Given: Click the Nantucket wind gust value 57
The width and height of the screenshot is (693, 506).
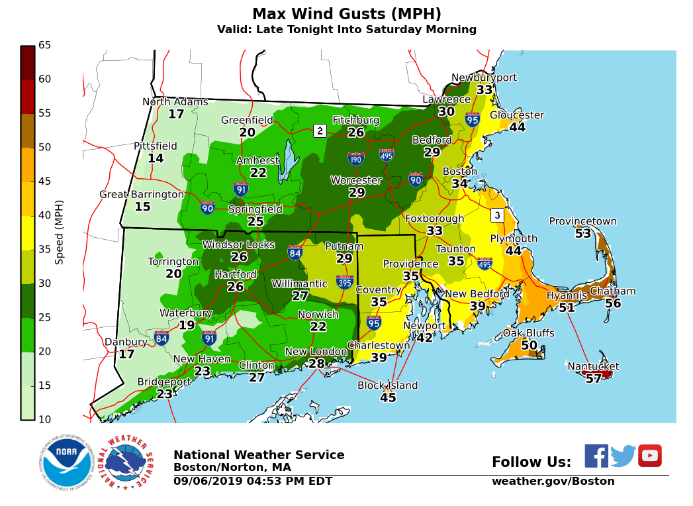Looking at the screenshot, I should point(593,378).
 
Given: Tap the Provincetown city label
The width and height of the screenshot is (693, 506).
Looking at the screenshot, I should point(582,221).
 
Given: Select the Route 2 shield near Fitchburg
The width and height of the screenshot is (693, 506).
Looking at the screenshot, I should point(320,130).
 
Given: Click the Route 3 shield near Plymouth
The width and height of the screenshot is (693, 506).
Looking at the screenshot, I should point(497,215).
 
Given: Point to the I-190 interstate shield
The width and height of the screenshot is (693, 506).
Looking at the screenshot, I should point(355,158).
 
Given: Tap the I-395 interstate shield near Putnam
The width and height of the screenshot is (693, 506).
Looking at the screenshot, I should point(344,281).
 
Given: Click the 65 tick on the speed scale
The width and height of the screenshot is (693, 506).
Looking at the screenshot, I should point(45,45).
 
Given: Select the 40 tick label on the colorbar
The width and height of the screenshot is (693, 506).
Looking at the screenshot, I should point(45,215).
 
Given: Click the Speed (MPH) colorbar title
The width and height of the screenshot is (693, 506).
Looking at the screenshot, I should point(60,232).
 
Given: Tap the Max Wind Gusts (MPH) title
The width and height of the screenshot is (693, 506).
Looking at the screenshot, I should point(346,14).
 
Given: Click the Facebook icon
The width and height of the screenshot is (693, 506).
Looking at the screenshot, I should point(596,456).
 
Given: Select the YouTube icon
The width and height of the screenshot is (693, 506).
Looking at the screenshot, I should point(649,456).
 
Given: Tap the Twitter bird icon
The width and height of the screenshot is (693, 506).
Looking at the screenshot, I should point(622,456).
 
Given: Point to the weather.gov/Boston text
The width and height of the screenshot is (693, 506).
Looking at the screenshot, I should point(553,481).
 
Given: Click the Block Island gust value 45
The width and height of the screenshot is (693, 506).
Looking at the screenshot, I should point(388,397).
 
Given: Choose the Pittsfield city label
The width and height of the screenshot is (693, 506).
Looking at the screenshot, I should point(156,146).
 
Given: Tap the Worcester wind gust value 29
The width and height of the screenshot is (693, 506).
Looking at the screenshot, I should point(357,192).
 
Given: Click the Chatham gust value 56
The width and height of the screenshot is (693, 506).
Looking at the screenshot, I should point(613,303).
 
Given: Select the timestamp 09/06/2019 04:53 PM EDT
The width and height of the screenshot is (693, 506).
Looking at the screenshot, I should point(253,481).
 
